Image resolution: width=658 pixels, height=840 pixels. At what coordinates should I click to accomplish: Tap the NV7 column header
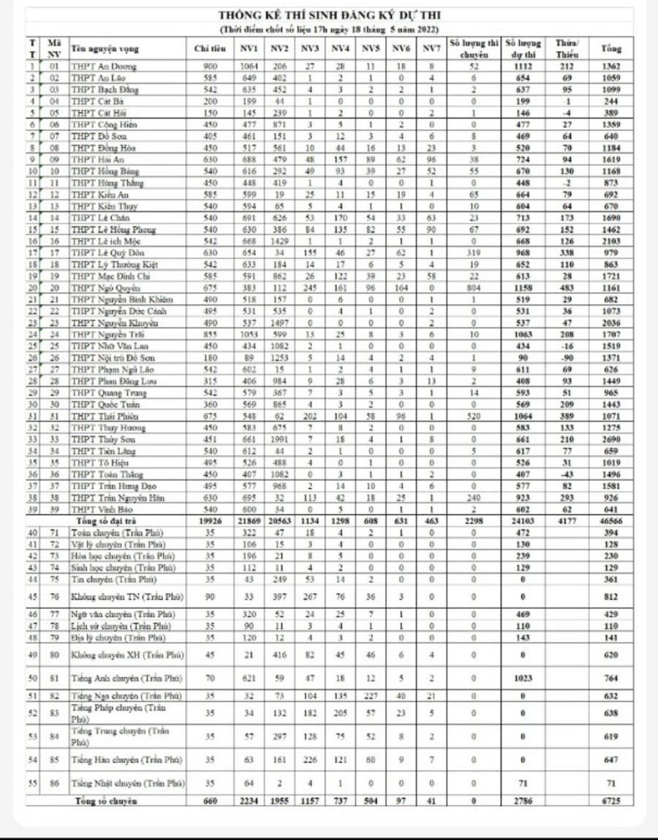[x=432, y=48]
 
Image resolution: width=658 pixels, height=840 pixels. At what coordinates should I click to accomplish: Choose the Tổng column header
[x=610, y=48]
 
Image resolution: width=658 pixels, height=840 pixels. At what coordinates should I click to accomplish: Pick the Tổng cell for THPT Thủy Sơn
[x=610, y=440]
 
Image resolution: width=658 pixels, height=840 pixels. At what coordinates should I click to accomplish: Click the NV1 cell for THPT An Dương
[x=249, y=67]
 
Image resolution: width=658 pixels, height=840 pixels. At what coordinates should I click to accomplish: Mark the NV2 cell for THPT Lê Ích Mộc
[x=279, y=241]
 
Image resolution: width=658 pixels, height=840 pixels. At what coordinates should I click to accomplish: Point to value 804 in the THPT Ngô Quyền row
[x=474, y=289]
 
